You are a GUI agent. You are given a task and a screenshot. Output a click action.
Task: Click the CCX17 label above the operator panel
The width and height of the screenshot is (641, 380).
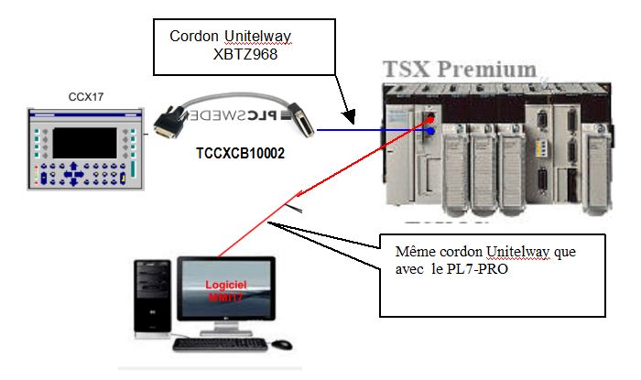click(x=81, y=98)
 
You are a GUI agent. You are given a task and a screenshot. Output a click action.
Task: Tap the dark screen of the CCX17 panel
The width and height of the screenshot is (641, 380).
click(x=81, y=142)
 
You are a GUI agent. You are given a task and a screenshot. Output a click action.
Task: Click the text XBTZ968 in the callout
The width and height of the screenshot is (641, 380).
click(x=244, y=54)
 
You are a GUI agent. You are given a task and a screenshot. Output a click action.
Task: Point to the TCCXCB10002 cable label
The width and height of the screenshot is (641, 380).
click(x=241, y=153)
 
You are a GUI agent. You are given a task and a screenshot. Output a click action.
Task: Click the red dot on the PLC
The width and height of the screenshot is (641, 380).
click(x=429, y=119)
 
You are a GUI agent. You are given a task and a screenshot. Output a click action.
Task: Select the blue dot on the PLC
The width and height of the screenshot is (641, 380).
click(x=429, y=131)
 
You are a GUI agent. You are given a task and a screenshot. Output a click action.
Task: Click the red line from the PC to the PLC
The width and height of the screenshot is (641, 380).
click(x=302, y=198)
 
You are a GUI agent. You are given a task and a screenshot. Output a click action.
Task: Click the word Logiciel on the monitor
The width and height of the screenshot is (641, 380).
click(x=225, y=284)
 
